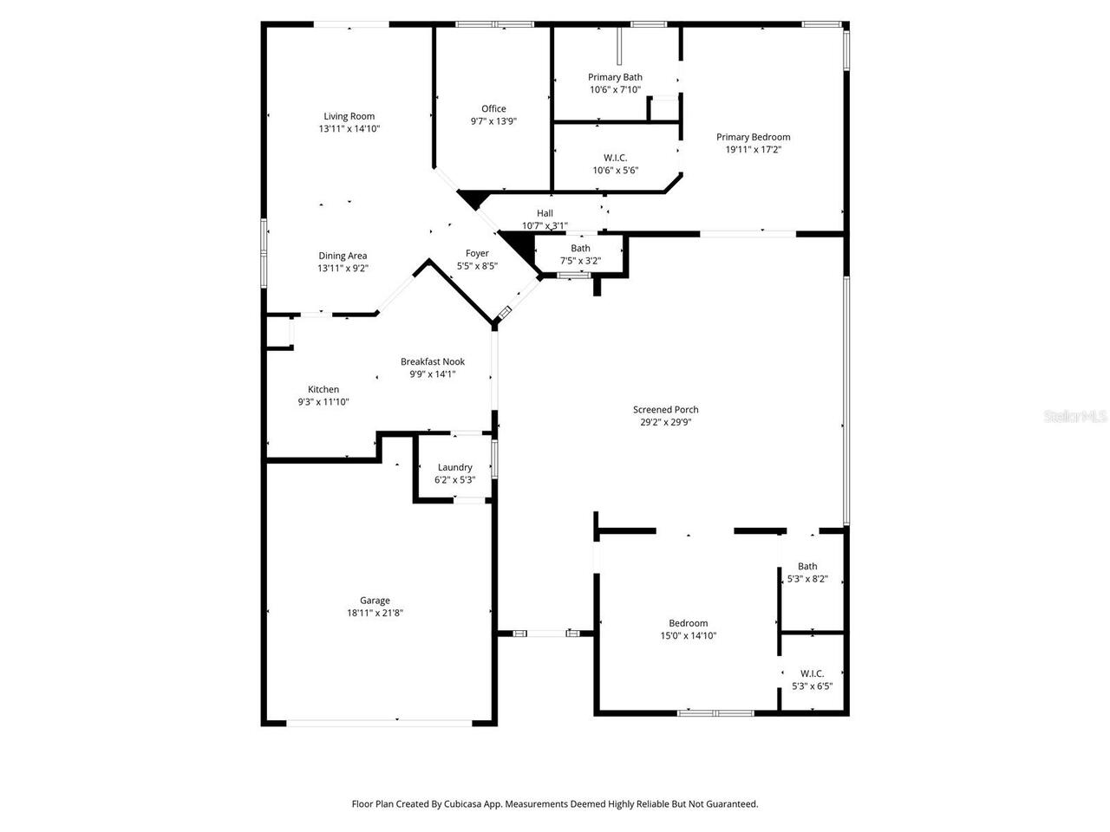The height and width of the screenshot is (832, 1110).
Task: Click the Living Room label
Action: point(349,116)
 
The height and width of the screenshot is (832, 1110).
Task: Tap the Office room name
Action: point(493,108)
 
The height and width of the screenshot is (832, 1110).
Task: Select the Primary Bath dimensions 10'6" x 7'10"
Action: point(615,89)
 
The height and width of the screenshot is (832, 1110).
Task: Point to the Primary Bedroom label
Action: point(753,137)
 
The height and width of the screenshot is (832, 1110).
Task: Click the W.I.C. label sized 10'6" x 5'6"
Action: point(615,158)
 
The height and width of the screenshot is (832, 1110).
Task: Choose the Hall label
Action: point(545,213)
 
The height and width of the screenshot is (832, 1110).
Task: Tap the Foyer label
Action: point(477,254)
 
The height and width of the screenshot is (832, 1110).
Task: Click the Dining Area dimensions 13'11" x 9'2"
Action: point(343,269)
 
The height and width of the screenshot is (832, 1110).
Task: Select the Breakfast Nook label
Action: point(432,361)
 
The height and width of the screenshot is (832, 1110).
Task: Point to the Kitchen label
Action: point(323,389)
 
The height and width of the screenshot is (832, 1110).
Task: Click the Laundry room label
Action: point(454,467)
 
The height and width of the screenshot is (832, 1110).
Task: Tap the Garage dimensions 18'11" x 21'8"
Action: point(375,613)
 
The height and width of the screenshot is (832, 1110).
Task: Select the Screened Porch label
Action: point(665,410)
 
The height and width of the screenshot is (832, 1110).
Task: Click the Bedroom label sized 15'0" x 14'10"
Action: point(688,623)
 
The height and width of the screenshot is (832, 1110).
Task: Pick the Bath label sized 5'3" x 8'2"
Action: point(807,567)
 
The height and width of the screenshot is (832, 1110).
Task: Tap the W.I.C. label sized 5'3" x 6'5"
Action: point(812,673)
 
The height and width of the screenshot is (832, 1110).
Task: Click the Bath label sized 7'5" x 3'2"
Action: point(580,249)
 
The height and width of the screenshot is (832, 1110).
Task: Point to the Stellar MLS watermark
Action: point(1075,417)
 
